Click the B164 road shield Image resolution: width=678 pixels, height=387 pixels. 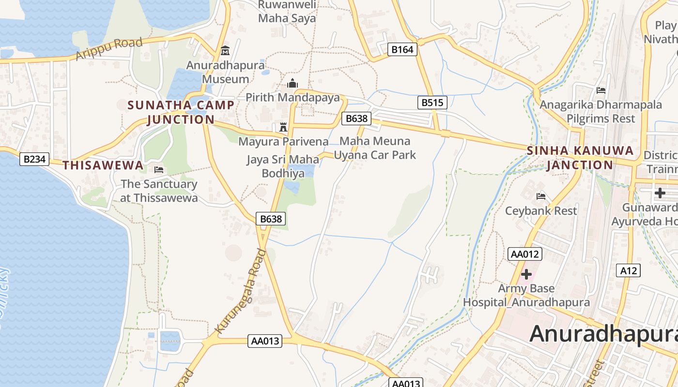[402, 49]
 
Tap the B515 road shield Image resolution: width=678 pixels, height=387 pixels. [432, 103]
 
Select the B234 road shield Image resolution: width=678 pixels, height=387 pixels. [34, 159]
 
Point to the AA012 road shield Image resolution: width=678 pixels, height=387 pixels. [525, 254]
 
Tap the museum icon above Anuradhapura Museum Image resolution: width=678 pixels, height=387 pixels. [225, 50]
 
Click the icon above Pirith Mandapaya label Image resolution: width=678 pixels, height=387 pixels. [293, 83]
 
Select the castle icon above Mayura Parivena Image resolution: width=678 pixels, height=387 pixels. [283, 127]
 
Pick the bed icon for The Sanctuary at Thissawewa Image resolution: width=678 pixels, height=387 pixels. [158, 170]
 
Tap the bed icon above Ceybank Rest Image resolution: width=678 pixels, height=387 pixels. [541, 196]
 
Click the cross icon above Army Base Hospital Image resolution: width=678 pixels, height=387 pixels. [526, 274]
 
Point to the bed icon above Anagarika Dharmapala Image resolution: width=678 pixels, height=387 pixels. [601, 90]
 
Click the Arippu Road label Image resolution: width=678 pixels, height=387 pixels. [109, 49]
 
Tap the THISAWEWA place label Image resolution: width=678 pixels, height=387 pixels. [103, 165]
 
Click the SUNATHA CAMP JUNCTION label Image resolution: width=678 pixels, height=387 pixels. [181, 112]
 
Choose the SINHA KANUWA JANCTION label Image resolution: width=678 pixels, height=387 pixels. [580, 158]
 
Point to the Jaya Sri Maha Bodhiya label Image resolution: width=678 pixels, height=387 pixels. [283, 166]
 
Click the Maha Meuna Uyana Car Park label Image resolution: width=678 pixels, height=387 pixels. [375, 148]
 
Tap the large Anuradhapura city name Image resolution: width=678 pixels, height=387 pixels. [603, 334]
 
